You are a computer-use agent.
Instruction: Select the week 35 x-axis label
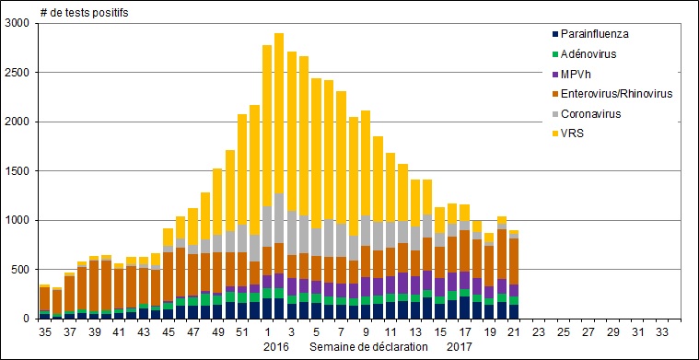(45, 331)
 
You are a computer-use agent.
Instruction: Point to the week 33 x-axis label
(662, 331)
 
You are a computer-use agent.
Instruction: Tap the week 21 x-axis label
(514, 331)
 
